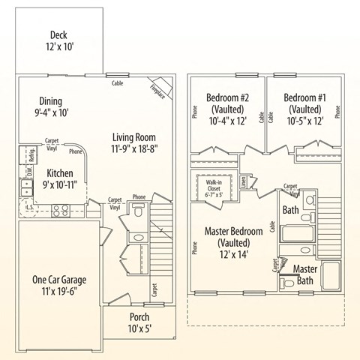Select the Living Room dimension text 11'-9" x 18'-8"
tap(135, 149)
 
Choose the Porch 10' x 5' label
tap(139, 322)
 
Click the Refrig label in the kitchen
tap(31, 156)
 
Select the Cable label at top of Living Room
tap(117, 83)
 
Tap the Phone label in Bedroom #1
tap(337, 112)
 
